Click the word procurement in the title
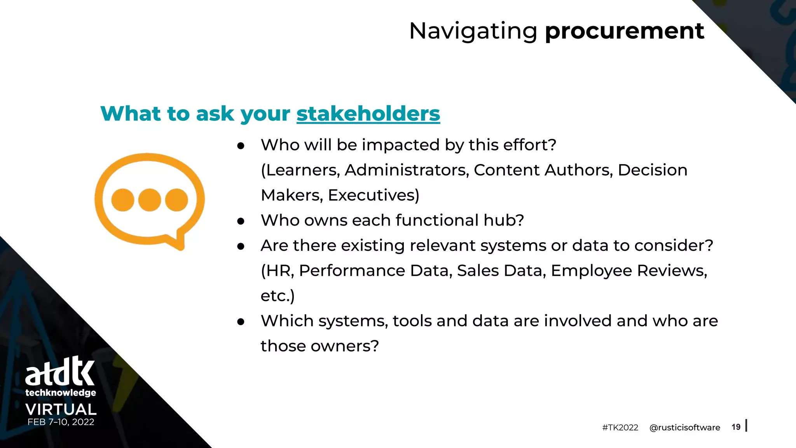624,31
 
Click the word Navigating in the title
473,31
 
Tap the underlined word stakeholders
368,114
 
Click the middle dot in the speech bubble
150,200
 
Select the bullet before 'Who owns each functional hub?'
241,221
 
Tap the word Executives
373,195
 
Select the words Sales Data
501,271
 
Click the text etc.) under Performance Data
278,296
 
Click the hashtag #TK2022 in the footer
620,427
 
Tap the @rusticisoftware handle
684,427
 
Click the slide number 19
736,427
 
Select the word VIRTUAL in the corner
61,409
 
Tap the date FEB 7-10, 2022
61,422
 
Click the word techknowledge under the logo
61,393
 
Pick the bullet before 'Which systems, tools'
241,322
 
